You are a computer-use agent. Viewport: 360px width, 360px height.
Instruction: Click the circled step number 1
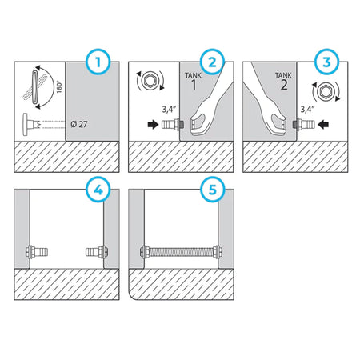tap(98, 62)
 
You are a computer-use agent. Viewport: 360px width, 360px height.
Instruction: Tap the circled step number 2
tap(212, 62)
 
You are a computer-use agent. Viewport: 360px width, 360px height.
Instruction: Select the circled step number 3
tap(326, 62)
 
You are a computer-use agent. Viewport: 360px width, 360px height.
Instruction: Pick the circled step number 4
tap(98, 190)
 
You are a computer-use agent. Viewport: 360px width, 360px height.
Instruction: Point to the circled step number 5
tap(212, 190)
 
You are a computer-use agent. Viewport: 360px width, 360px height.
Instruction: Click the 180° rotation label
tap(59, 87)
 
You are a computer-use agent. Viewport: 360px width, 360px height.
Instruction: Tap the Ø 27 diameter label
tap(79, 124)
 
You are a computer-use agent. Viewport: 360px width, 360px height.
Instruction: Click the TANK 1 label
tap(194, 81)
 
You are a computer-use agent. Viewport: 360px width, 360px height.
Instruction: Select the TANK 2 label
tap(283, 81)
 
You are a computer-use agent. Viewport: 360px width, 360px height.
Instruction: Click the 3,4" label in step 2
tap(169, 110)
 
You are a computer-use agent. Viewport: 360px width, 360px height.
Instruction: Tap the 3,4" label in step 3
tap(307, 110)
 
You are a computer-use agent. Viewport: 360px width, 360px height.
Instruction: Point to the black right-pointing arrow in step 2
tap(153, 124)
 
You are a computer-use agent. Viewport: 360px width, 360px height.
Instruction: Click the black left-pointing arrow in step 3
tap(323, 124)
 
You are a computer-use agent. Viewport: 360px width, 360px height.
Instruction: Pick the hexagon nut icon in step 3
tap(326, 92)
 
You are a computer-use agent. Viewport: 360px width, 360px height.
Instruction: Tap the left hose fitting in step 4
tap(37, 252)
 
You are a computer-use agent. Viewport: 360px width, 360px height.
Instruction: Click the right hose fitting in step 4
tap(97, 252)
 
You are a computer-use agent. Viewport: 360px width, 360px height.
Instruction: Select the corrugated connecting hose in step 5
tap(181, 252)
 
